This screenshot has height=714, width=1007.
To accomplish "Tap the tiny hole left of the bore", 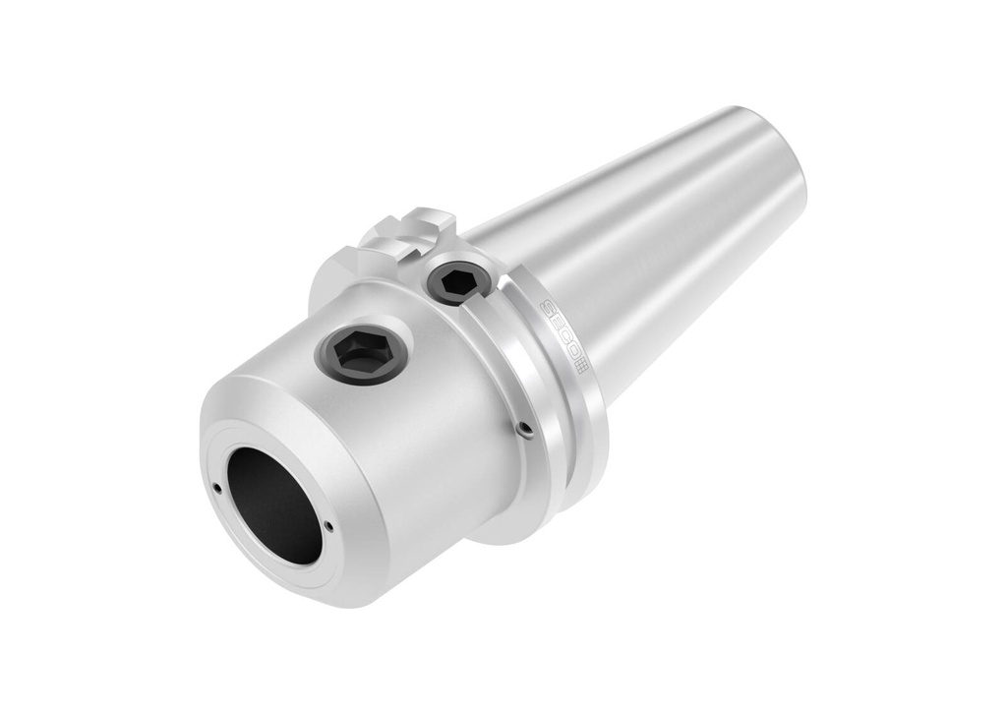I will (x=216, y=487).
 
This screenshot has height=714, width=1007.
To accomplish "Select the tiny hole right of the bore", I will (x=328, y=526).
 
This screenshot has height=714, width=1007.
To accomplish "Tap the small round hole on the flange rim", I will (x=525, y=429).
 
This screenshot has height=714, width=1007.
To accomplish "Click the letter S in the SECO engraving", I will (x=548, y=310).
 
